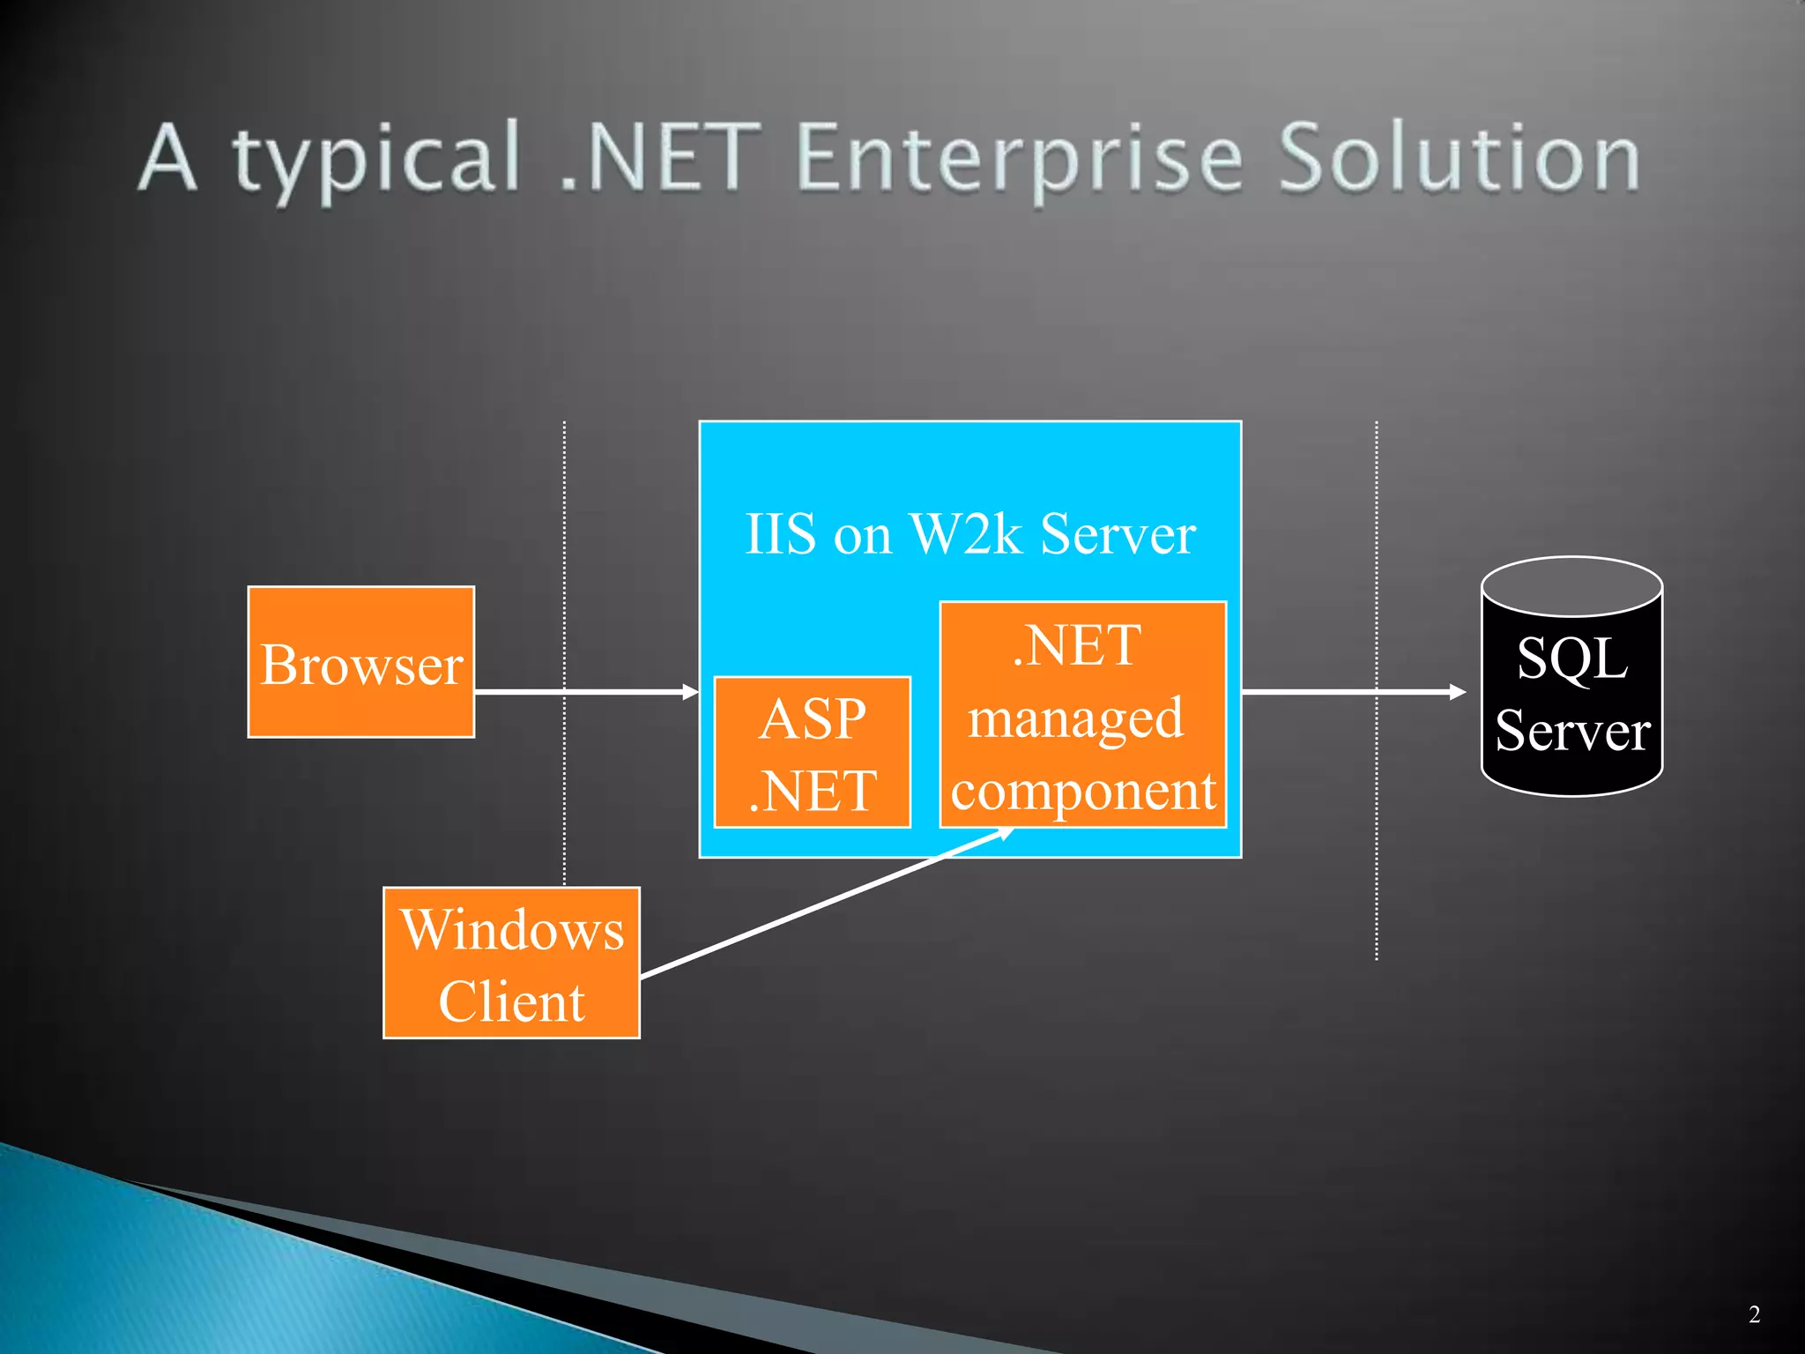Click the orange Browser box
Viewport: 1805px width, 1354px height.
point(361,662)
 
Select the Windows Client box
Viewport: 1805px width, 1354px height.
point(511,963)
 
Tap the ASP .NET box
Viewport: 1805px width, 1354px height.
point(812,753)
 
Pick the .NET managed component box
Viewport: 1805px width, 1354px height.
point(1083,715)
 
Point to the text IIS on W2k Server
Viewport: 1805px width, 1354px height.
point(969,533)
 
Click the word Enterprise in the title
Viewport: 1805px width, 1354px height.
point(1019,159)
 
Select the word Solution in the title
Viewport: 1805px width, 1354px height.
point(1459,159)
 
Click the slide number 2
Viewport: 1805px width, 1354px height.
point(1754,1314)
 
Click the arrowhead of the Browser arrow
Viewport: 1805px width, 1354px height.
point(690,692)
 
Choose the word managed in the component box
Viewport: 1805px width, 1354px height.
point(1075,718)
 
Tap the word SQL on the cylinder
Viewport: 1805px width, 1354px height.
point(1571,658)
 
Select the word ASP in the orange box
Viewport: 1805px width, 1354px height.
point(812,718)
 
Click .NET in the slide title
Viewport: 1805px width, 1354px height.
point(661,159)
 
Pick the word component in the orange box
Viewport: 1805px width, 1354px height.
point(1083,790)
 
